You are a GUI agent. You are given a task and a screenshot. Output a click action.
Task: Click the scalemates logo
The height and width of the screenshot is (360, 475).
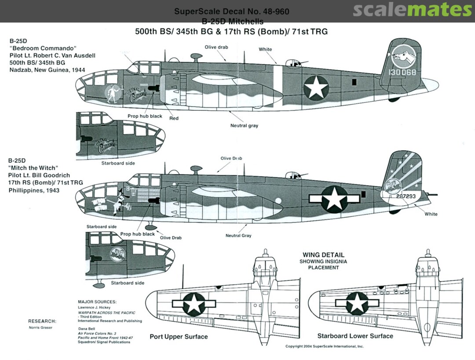click(412, 10)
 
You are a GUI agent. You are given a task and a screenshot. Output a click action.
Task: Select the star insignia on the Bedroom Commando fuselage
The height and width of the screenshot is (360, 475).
click(316, 88)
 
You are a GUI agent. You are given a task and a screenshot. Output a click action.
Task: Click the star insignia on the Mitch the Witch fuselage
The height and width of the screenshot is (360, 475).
click(334, 198)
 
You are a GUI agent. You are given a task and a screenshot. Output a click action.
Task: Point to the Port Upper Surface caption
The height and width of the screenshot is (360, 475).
click(179, 337)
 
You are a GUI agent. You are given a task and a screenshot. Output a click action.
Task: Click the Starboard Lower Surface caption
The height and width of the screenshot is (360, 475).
click(355, 336)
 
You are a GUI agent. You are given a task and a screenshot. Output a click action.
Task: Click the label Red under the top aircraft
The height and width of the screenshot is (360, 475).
click(174, 118)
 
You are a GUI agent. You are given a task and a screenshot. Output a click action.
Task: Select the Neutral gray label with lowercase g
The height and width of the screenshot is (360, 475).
click(244, 126)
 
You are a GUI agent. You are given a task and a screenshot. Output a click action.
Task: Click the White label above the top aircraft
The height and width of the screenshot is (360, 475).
click(265, 49)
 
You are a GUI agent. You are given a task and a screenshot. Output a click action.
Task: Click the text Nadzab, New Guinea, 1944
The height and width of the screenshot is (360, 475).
click(47, 70)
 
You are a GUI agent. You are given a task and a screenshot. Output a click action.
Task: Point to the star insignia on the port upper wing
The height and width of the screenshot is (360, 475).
click(194, 303)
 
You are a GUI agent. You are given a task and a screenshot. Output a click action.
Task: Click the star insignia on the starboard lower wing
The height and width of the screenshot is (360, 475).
click(357, 302)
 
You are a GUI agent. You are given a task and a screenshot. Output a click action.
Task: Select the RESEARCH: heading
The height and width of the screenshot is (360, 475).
click(42, 321)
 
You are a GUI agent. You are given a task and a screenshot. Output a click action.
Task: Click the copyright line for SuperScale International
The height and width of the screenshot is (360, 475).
click(325, 346)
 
